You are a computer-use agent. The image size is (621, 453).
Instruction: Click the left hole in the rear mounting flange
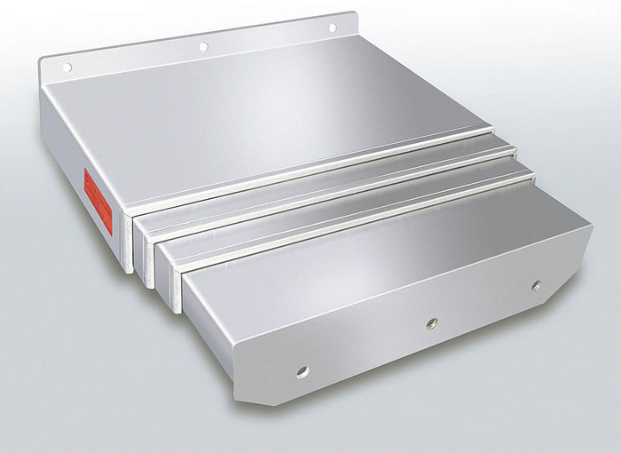click(x=67, y=67)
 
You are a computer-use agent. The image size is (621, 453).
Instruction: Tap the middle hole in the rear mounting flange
click(x=203, y=46)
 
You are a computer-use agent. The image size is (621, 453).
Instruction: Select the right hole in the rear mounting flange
click(x=333, y=28)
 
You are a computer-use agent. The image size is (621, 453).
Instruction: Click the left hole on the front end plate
click(x=303, y=369)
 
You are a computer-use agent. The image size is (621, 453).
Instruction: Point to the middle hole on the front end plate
click(x=431, y=322)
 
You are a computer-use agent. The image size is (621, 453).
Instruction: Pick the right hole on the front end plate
click(x=536, y=285)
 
